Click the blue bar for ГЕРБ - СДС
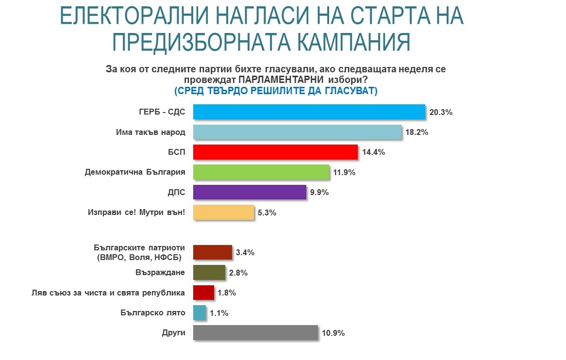click(x=309, y=112)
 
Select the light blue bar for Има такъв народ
click(x=297, y=132)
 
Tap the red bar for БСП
click(x=275, y=152)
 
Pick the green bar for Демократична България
click(x=261, y=172)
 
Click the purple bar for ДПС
click(x=250, y=192)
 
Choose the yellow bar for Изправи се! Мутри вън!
click(x=223, y=212)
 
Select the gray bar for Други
click(x=255, y=333)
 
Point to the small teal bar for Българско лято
click(x=200, y=313)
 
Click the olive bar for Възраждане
click(x=209, y=273)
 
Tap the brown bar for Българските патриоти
click(x=213, y=252)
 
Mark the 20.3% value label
click(x=441, y=113)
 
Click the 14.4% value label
click(x=373, y=152)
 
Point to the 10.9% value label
click(x=333, y=333)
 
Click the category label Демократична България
click(x=135, y=172)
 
